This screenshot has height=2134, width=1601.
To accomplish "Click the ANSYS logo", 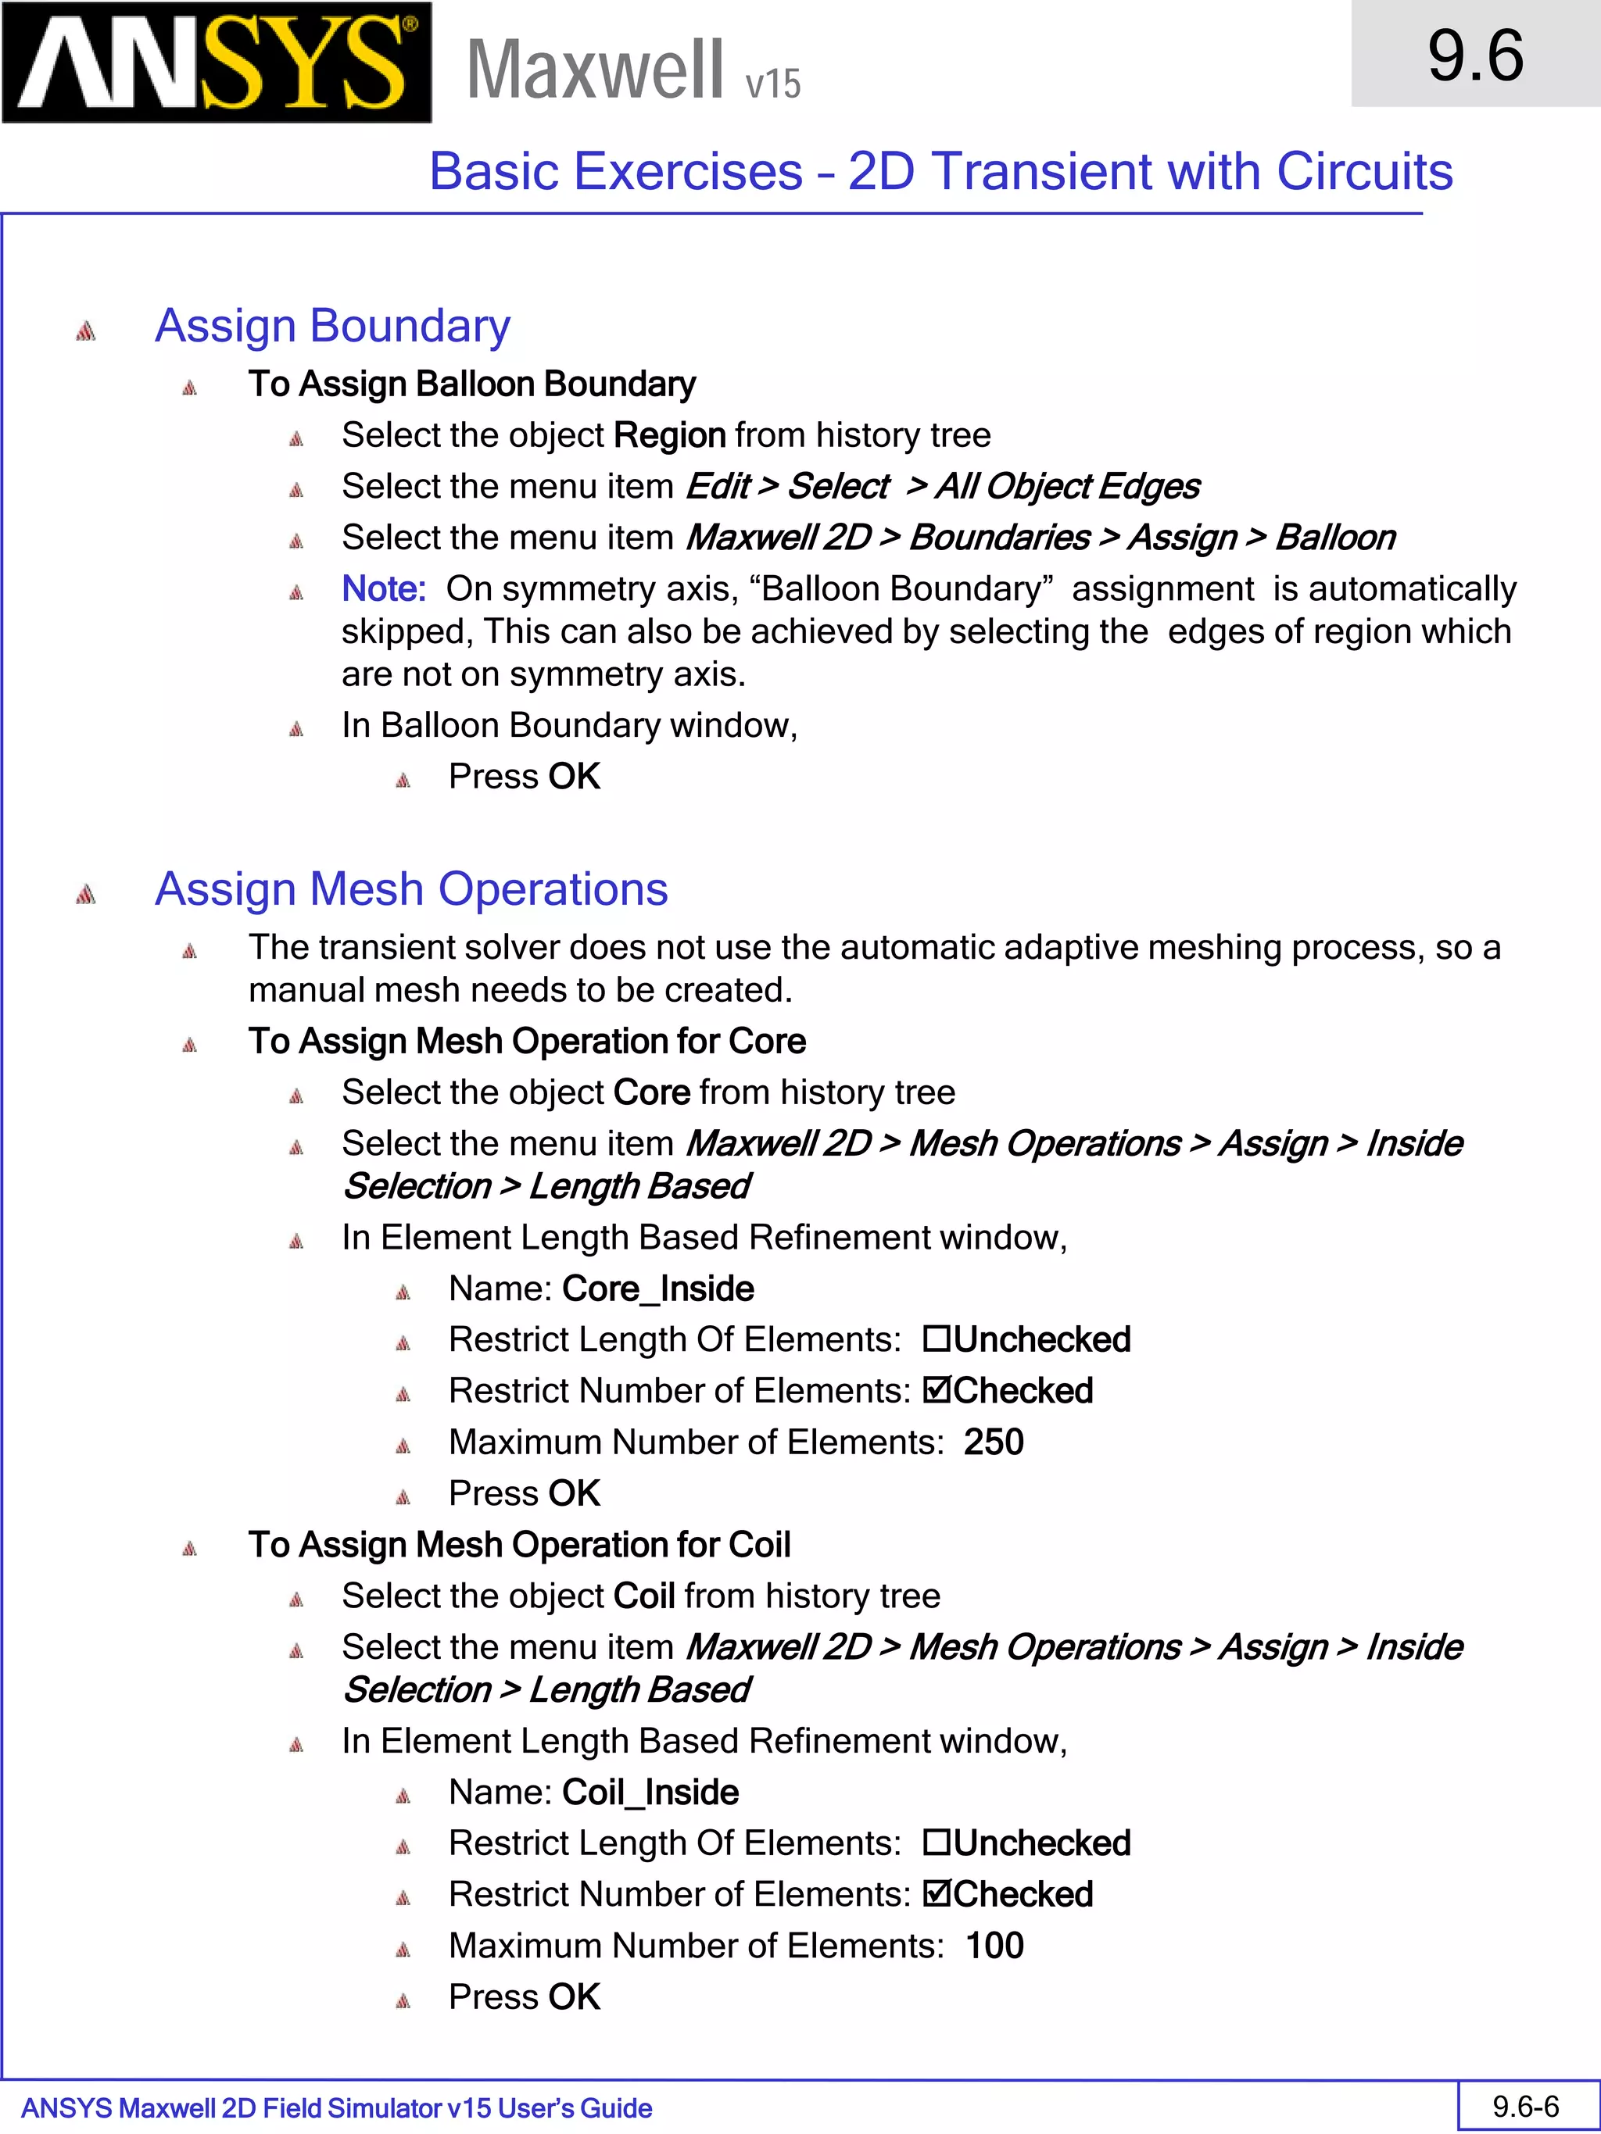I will click(x=217, y=63).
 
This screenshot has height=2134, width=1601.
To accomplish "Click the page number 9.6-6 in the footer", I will click(x=1526, y=2106).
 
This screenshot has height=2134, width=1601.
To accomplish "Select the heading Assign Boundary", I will click(x=332, y=325).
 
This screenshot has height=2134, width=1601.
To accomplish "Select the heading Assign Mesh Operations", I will click(x=411, y=888).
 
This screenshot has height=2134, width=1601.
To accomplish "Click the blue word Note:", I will click(x=383, y=588).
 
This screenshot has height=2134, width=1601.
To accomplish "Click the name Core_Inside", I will click(x=657, y=1289).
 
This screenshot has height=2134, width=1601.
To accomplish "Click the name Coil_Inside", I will click(x=650, y=1793).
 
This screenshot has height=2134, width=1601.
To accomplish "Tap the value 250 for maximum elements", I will click(x=993, y=1442).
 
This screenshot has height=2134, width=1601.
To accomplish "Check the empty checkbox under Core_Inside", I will click(x=935, y=1339).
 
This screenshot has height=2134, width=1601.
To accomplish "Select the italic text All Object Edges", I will click(x=1067, y=486).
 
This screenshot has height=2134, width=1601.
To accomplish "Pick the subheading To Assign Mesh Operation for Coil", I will click(x=519, y=1545).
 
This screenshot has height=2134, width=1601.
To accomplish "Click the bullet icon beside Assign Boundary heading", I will click(x=86, y=331).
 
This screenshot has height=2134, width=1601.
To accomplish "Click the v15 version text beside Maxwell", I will click(x=772, y=84).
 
